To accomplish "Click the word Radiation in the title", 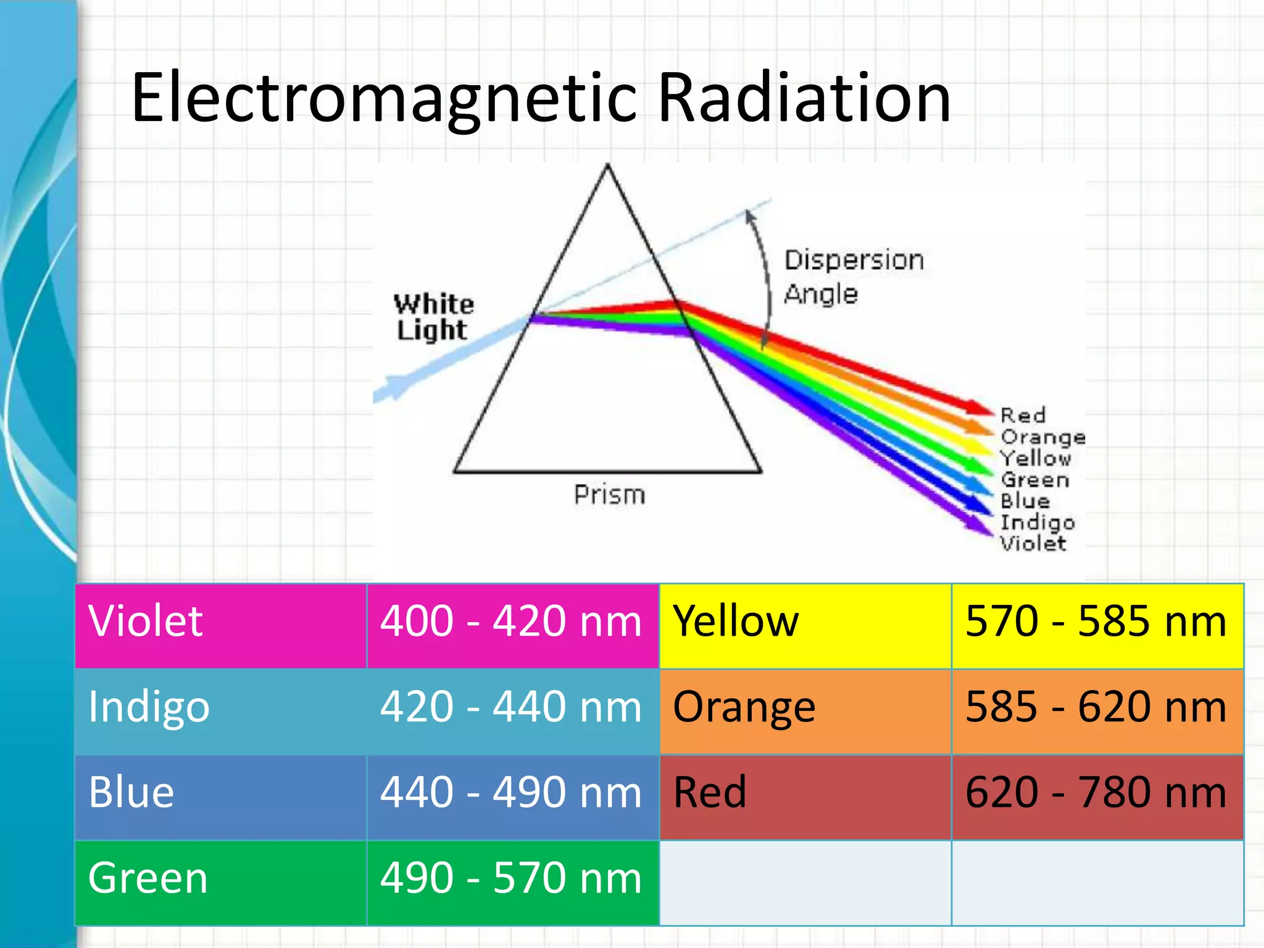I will pos(804,98).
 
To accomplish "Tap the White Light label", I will pos(433,317).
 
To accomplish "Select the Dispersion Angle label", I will pos(853,276).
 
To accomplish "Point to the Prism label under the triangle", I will pos(609,495).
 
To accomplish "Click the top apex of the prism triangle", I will pos(607,165).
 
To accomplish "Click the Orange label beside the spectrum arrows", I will pos(1042,437).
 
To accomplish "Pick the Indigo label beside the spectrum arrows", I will pos(1037,523).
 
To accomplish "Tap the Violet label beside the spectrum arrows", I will pos(1033,544).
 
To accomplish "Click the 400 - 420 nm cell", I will pos(512,622).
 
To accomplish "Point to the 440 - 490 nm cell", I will pos(512,793).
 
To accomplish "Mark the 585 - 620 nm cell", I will pos(1096,707).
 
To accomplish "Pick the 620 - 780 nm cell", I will pos(1096,793).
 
